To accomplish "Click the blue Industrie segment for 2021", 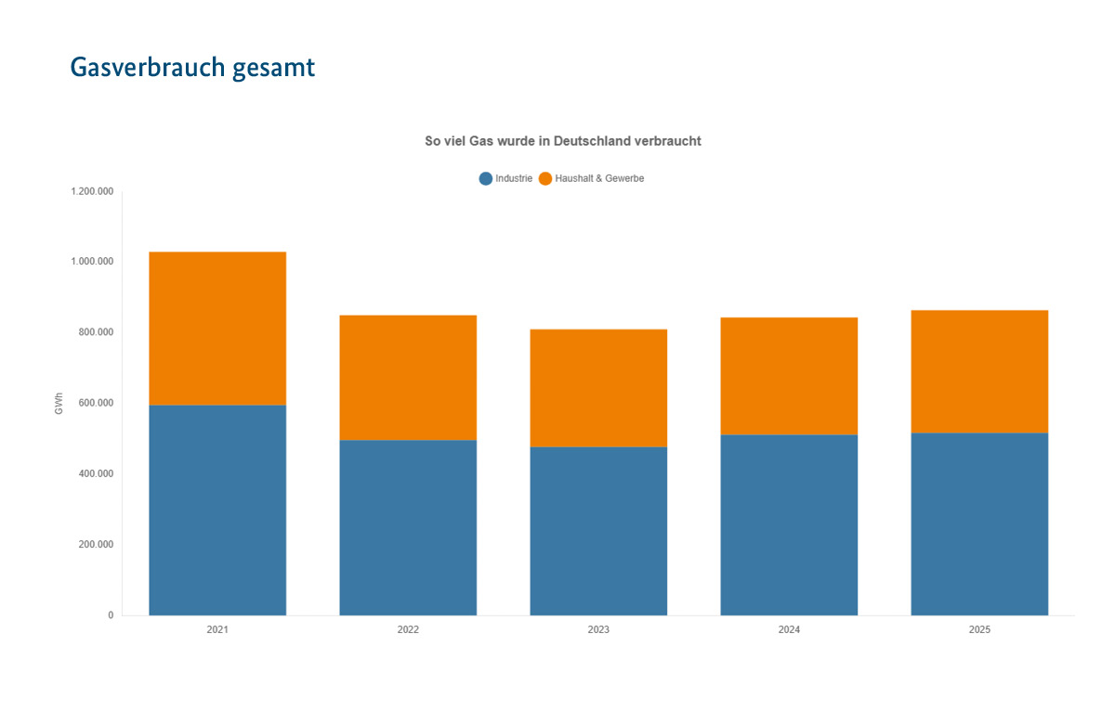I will [x=217, y=510].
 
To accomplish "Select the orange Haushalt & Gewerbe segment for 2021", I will [x=217, y=328].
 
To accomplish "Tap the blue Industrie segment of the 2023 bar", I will [x=598, y=531].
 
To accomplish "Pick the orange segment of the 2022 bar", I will [x=408, y=377].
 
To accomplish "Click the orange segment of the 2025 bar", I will [x=979, y=371].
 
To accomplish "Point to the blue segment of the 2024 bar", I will [x=789, y=524].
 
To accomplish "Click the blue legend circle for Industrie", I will [x=485, y=178].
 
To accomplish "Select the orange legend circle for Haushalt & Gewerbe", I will [x=544, y=178].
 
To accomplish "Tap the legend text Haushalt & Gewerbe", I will [x=599, y=178].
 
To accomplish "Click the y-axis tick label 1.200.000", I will [x=92, y=191].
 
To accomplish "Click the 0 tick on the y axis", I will [x=111, y=615].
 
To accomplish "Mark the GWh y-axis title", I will [x=59, y=403].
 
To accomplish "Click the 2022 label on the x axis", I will [x=408, y=629].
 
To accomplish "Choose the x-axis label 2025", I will [x=979, y=629].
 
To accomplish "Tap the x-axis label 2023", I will [x=598, y=629].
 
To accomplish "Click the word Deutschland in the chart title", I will [x=592, y=141].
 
